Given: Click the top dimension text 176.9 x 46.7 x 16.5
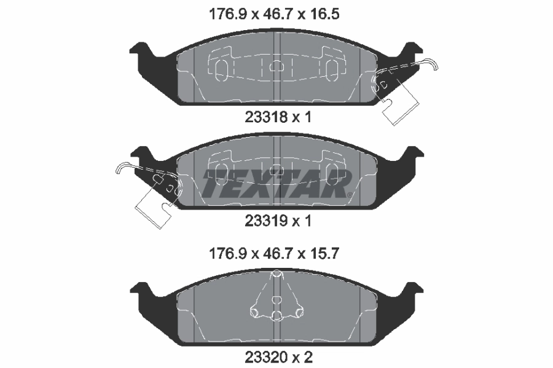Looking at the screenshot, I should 276,13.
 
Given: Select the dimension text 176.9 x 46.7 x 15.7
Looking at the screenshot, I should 276,253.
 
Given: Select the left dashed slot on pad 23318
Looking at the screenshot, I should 221,68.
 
